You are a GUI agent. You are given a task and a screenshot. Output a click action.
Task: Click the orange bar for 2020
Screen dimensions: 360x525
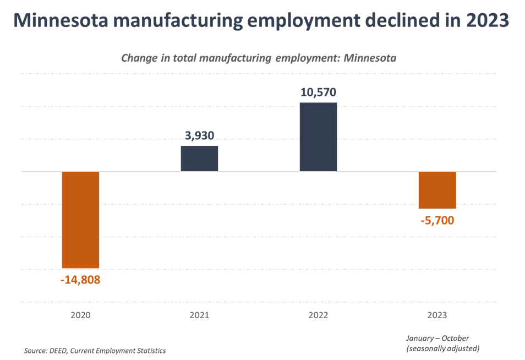click(x=80, y=220)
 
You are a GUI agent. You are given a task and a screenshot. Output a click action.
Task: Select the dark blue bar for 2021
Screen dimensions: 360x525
click(x=199, y=158)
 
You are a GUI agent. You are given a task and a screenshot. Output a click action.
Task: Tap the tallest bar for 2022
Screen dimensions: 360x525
click(x=318, y=137)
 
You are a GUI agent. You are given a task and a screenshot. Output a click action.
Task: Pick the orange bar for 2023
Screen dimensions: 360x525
click(x=437, y=190)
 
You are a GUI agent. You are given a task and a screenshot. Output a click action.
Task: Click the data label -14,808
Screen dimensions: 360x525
click(x=80, y=279)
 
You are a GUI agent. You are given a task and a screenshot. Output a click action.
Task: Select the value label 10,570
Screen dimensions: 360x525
click(x=318, y=92)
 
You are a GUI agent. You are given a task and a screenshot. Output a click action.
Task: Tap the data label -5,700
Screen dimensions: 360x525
click(x=437, y=221)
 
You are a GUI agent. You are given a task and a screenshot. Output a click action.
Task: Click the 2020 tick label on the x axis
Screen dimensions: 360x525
click(x=80, y=315)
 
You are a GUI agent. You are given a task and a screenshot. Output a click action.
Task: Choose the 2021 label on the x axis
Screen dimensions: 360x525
click(x=199, y=315)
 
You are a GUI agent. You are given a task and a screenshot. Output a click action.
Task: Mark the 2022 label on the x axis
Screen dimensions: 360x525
click(x=318, y=315)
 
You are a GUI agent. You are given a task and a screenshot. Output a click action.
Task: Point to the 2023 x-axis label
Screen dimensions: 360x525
click(x=437, y=315)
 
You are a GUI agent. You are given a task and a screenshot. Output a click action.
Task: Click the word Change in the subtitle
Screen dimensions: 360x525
click(x=136, y=58)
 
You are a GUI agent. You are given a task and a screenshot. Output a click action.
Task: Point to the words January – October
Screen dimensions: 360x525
click(x=437, y=338)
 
